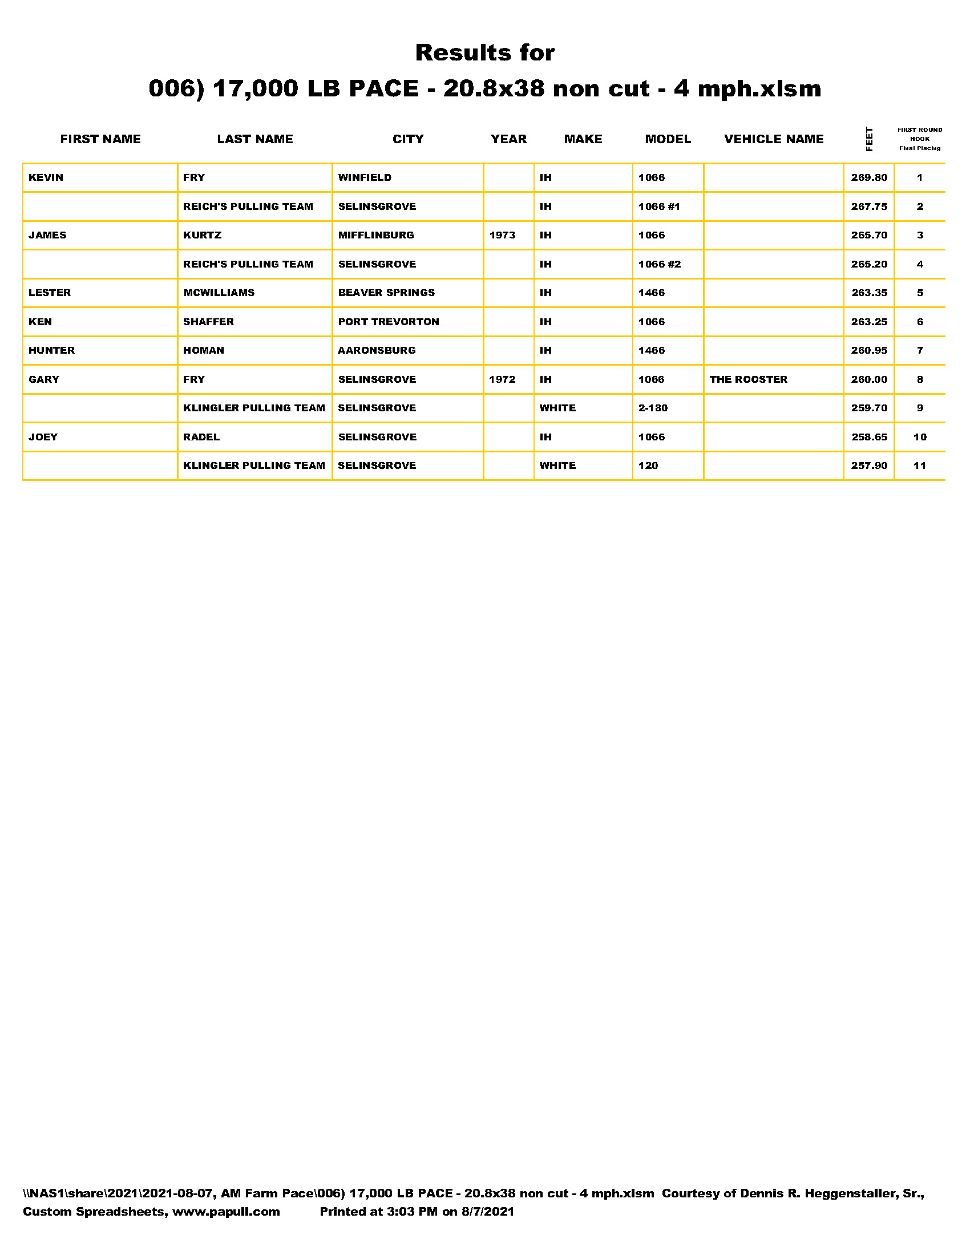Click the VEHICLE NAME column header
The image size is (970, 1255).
pos(774,139)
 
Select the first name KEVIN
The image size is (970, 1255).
pos(46,177)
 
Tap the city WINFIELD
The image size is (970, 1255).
pos(365,177)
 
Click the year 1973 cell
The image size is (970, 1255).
pos(502,235)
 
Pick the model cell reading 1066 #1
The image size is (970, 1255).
pos(659,207)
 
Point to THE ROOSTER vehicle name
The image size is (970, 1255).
pos(748,379)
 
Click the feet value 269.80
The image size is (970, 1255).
pos(869,177)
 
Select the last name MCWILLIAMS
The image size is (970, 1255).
pos(219,293)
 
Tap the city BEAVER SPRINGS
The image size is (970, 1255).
pos(386,293)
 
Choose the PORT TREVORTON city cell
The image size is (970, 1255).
pos(389,322)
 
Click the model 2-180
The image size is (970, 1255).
pos(653,408)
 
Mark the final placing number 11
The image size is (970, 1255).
pos(919,465)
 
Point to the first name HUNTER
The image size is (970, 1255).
pos(52,350)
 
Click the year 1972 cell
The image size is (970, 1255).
pos(502,379)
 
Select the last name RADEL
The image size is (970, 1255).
pos(201,437)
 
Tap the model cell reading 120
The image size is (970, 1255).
pos(648,465)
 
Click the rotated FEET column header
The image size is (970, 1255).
pos(869,139)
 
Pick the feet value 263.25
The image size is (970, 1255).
pos(869,322)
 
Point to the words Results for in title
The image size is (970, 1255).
pos(485,53)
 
